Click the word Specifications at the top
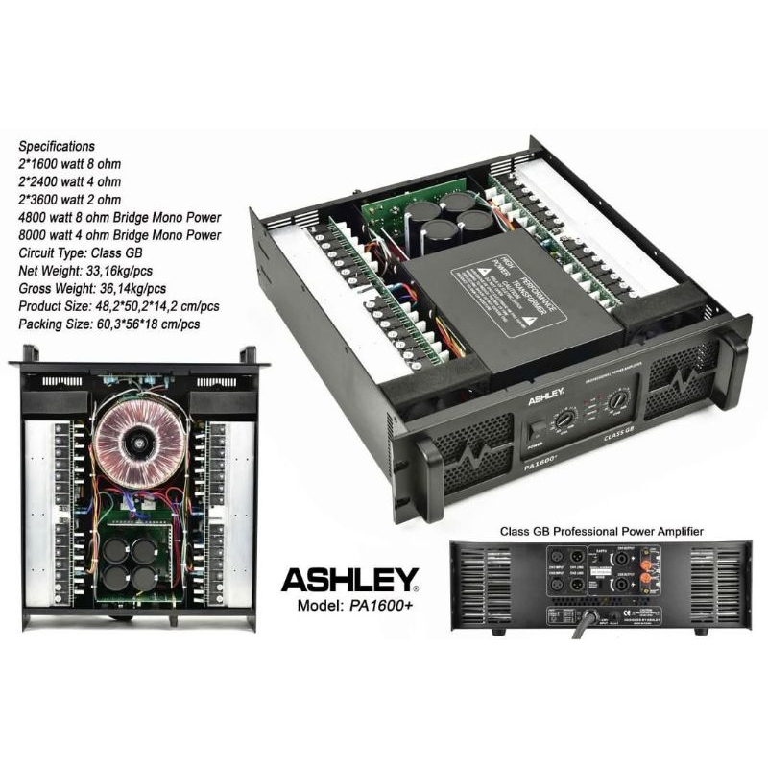click(x=57, y=147)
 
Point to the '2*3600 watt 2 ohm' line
click(x=70, y=200)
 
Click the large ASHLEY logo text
click(x=349, y=579)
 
